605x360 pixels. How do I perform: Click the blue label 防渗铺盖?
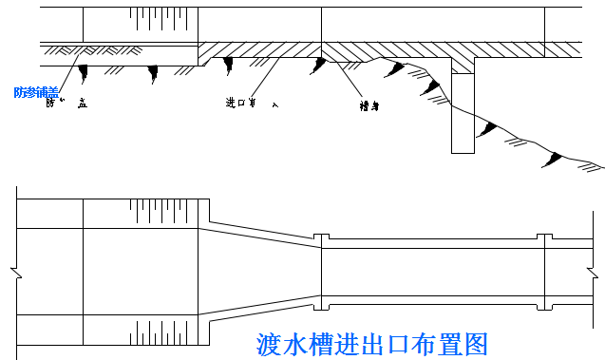[x=36, y=92]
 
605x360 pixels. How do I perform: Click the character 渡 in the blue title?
[x=270, y=343]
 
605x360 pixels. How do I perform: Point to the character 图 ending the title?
[x=476, y=343]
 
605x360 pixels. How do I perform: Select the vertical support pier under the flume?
[x=462, y=112]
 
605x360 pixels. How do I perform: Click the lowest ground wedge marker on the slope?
[x=553, y=161]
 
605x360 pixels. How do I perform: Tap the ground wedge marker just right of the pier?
[x=488, y=127]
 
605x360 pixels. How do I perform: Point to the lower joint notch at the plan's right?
[x=544, y=304]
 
